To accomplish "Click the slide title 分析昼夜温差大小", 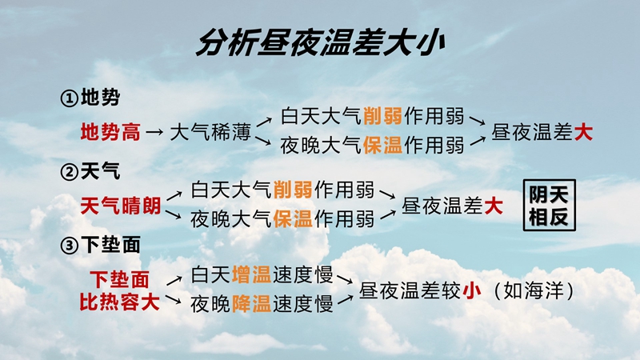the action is pos(320,42).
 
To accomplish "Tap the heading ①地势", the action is pos(90,98).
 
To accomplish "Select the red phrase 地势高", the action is pos(110,132).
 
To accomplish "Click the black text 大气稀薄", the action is pos(210,132).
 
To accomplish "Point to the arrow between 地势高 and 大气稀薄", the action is pos(155,132).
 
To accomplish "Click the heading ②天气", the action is pos(90,171).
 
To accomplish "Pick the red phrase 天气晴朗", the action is pos(121,206).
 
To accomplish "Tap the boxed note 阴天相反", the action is pos(550,206).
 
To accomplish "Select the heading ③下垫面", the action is pos(100,245).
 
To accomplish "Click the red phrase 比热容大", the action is pos(119,302).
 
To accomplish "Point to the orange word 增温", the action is pos(251,274).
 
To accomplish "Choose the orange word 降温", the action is pos(251,304).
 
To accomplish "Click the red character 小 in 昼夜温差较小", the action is pos(472,291).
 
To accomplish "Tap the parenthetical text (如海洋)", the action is pos(534,291).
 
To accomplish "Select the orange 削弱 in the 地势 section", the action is pos(382,116).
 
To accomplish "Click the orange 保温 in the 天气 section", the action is pos(293,218).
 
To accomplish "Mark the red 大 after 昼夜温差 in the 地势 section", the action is pos(583,132).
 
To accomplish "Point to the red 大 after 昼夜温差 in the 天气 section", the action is pos(494,206).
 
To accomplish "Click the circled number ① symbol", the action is pos(70,98).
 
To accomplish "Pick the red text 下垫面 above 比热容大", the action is pos(119,279).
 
